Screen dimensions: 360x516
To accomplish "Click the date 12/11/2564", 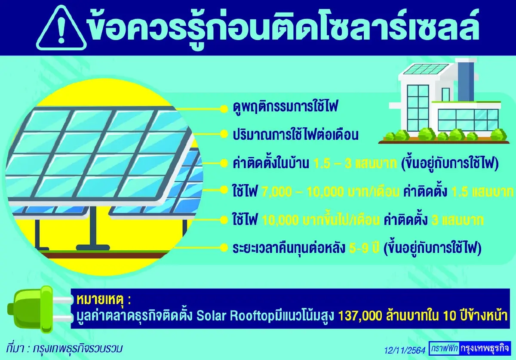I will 405,348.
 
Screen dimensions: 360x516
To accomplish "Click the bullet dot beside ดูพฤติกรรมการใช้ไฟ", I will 223,108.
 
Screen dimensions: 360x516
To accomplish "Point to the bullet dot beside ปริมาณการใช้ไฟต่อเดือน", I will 223,135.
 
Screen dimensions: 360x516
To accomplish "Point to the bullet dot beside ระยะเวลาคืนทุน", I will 223,248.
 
